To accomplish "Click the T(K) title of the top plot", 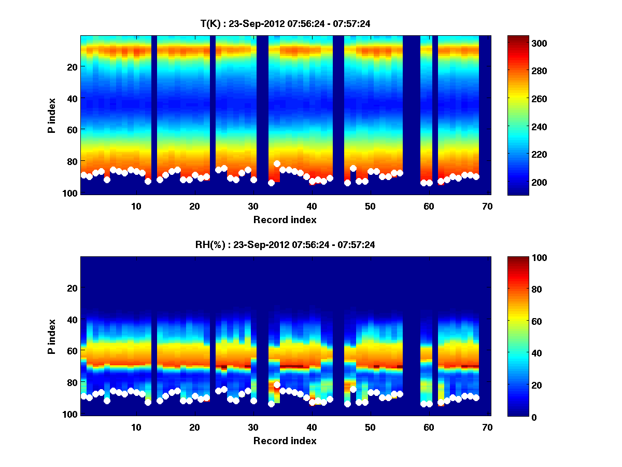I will click(285, 23).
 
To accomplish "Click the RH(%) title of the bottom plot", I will click(285, 245).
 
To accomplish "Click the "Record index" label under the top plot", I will click(285, 219).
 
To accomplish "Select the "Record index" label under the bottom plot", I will click(285, 441).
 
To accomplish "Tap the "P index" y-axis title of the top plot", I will click(51, 115).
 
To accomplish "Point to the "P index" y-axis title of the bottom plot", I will click(51, 336).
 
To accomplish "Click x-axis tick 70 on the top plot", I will click(487, 206).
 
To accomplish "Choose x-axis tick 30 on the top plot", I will click(252, 206).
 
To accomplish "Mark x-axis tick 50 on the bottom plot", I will click(370, 427).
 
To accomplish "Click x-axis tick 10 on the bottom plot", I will click(135, 427).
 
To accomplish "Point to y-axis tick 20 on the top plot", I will click(73, 67).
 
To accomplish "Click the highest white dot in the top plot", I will click(277, 164).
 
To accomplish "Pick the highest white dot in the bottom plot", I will click(277, 385).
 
